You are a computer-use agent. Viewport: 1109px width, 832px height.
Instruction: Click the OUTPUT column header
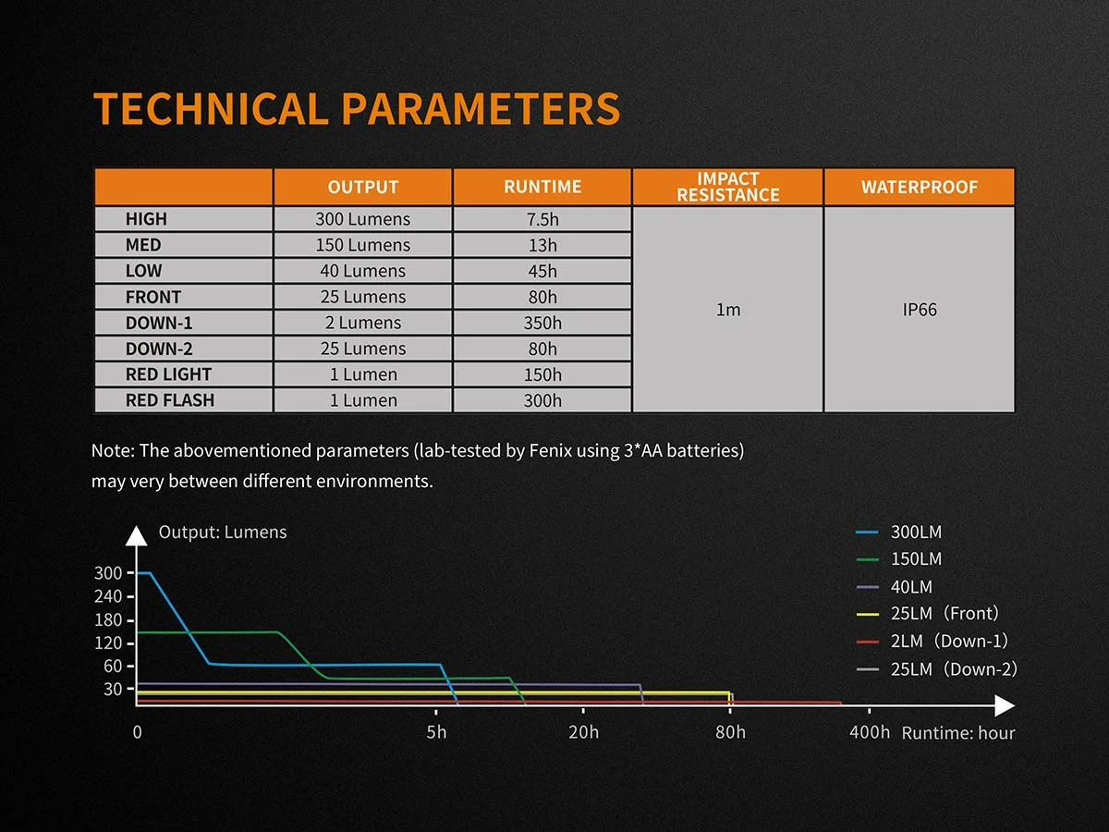(x=362, y=187)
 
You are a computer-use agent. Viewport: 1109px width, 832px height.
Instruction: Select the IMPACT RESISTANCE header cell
(x=727, y=187)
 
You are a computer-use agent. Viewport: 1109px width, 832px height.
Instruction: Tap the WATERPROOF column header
(x=919, y=187)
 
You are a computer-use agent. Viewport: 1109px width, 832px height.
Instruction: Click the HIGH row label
(x=146, y=219)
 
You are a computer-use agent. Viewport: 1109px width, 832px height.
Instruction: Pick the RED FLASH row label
(x=169, y=400)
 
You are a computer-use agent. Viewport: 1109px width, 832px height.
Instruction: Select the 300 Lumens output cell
(x=362, y=219)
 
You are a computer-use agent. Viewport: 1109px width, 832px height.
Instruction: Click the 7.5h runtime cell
(x=542, y=219)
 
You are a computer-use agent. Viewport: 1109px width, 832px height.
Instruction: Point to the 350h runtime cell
(x=542, y=323)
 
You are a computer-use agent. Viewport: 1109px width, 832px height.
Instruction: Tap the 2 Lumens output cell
(x=362, y=323)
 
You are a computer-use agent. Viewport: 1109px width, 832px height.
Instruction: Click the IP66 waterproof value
(x=920, y=310)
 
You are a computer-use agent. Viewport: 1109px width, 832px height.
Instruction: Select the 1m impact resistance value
(x=728, y=310)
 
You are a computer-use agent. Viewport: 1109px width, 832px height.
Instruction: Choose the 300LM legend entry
(x=916, y=532)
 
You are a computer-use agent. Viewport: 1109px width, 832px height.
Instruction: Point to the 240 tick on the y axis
(x=108, y=597)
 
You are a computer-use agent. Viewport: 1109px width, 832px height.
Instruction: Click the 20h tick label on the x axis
(x=583, y=732)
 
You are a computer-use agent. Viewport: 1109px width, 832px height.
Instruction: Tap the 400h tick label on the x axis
(x=870, y=732)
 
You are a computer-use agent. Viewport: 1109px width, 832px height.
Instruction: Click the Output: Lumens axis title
(x=223, y=532)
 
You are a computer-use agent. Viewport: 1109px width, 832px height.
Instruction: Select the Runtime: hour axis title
(x=958, y=733)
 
